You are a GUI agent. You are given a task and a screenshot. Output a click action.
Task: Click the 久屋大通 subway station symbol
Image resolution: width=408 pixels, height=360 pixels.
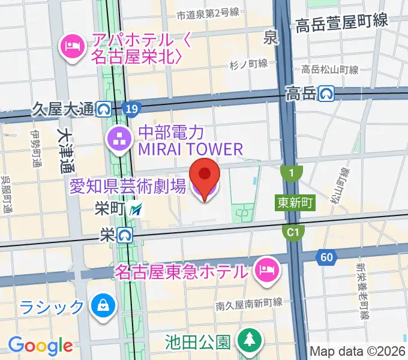click(104, 109)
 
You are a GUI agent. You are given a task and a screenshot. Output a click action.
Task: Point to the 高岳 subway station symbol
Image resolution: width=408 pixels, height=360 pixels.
click(326, 93)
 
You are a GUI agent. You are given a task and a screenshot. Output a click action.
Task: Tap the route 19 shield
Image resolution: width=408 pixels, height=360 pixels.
click(131, 109)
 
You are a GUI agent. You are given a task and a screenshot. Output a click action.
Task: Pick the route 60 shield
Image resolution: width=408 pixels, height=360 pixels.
click(326, 257)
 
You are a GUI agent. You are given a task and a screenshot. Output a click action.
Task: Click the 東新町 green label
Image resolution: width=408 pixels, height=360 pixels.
click(296, 203)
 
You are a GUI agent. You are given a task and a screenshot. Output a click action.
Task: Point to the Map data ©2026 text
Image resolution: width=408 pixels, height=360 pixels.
click(358, 352)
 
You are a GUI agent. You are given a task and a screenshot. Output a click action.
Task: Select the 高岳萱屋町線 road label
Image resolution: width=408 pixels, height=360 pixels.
click(342, 22)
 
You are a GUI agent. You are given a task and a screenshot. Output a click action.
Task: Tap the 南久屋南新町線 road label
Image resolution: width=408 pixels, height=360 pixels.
click(250, 304)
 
